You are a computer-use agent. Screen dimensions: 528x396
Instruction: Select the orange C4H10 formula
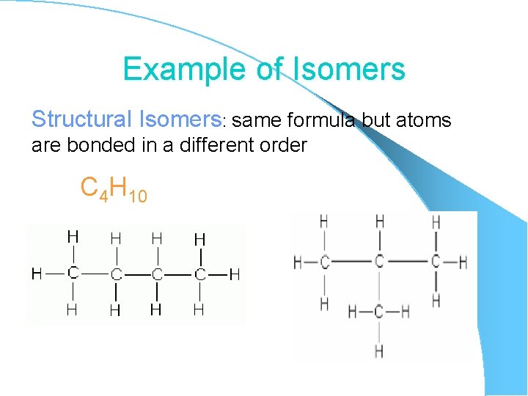114,190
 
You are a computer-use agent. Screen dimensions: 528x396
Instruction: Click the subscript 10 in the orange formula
137,196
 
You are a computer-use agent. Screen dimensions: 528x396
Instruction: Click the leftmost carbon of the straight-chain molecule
73,273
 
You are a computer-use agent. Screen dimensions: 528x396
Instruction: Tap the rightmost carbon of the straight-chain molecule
199,274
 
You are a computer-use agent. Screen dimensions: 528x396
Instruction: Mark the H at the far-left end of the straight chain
36,274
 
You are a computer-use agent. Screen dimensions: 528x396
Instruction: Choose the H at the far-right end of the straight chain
234,274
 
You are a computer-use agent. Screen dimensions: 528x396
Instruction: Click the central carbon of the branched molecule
378,261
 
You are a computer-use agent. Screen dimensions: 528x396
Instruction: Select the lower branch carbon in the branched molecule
378,312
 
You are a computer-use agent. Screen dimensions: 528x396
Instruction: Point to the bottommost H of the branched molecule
378,351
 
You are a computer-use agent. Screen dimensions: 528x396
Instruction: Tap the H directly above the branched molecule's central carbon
379,221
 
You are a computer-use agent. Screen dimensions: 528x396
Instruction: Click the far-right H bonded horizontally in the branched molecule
463,262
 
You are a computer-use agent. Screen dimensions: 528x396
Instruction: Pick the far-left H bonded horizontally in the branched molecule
298,262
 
